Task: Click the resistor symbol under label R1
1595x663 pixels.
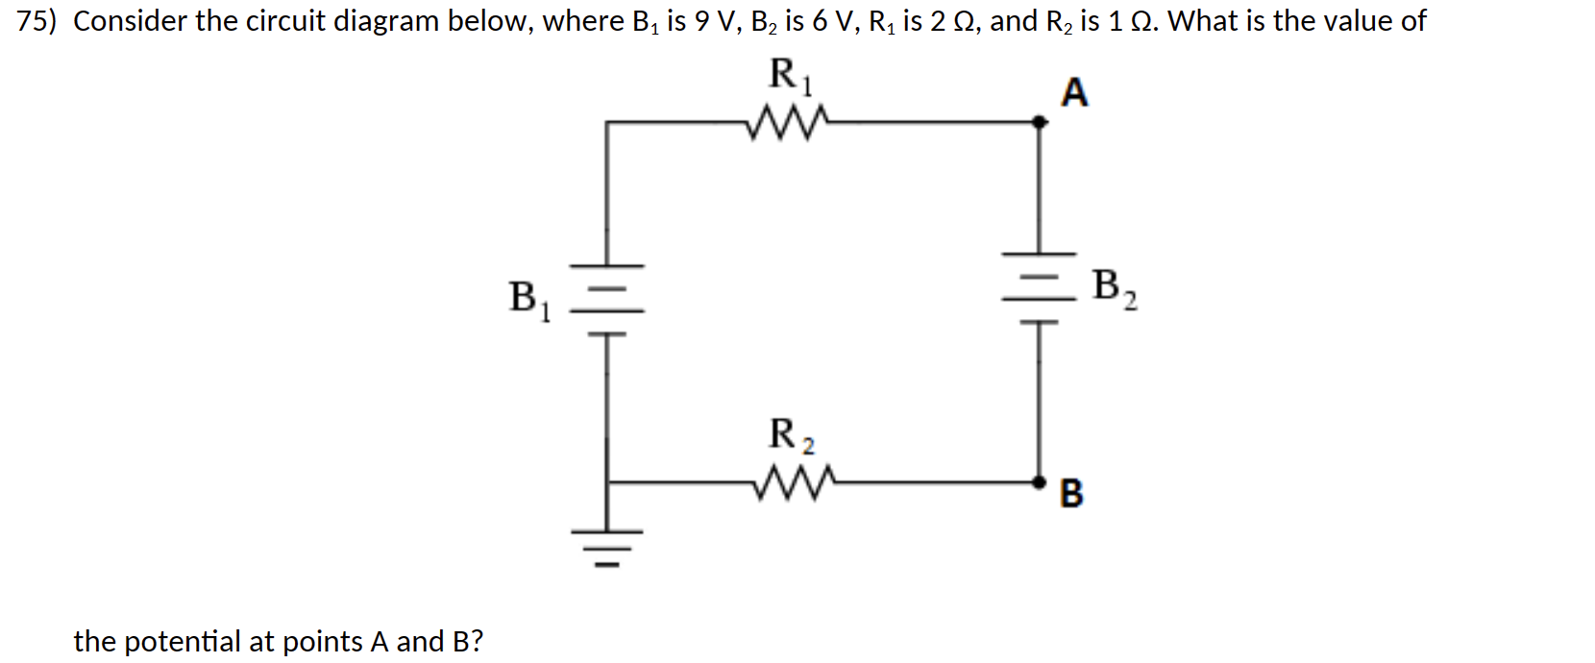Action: [787, 121]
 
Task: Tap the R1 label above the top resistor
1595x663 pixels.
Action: [790, 76]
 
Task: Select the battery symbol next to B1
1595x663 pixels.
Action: [606, 299]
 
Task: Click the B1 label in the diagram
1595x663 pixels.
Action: [528, 299]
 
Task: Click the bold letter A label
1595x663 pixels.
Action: [1074, 93]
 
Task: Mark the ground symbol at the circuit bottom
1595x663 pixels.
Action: [606, 546]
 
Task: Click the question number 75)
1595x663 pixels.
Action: [37, 21]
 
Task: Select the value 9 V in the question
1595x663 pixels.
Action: [714, 21]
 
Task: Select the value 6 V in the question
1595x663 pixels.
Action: [835, 21]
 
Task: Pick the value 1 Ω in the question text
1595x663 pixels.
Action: [1131, 21]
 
